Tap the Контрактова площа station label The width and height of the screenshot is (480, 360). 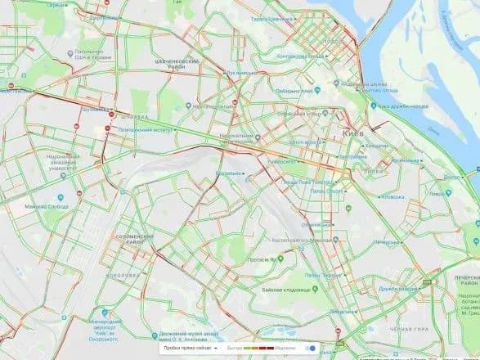[301, 57]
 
